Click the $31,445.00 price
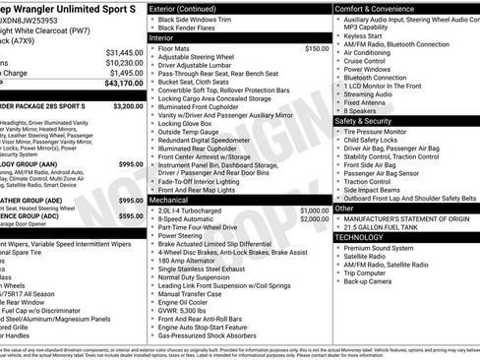[123, 51]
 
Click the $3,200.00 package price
[128, 105]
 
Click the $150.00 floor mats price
[317, 48]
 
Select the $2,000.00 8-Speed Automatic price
[315, 219]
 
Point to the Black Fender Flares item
[193, 29]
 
